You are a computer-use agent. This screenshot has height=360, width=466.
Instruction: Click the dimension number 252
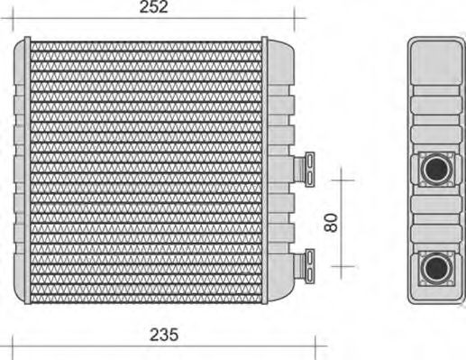click(153, 7)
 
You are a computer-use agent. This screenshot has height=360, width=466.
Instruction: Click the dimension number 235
click(164, 335)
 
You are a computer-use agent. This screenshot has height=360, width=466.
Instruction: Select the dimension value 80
click(331, 223)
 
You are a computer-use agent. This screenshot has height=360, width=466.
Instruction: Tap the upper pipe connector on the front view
click(305, 170)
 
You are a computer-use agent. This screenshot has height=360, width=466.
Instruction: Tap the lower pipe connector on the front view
click(305, 266)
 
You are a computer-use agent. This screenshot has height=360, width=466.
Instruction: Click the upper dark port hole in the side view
click(437, 169)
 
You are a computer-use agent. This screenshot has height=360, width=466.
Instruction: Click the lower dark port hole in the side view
click(437, 267)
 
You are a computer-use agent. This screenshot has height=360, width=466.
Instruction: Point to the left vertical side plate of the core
click(27, 171)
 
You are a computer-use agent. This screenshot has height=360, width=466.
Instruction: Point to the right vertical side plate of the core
click(265, 171)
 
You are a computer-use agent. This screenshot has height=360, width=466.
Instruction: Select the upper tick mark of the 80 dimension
click(343, 180)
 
